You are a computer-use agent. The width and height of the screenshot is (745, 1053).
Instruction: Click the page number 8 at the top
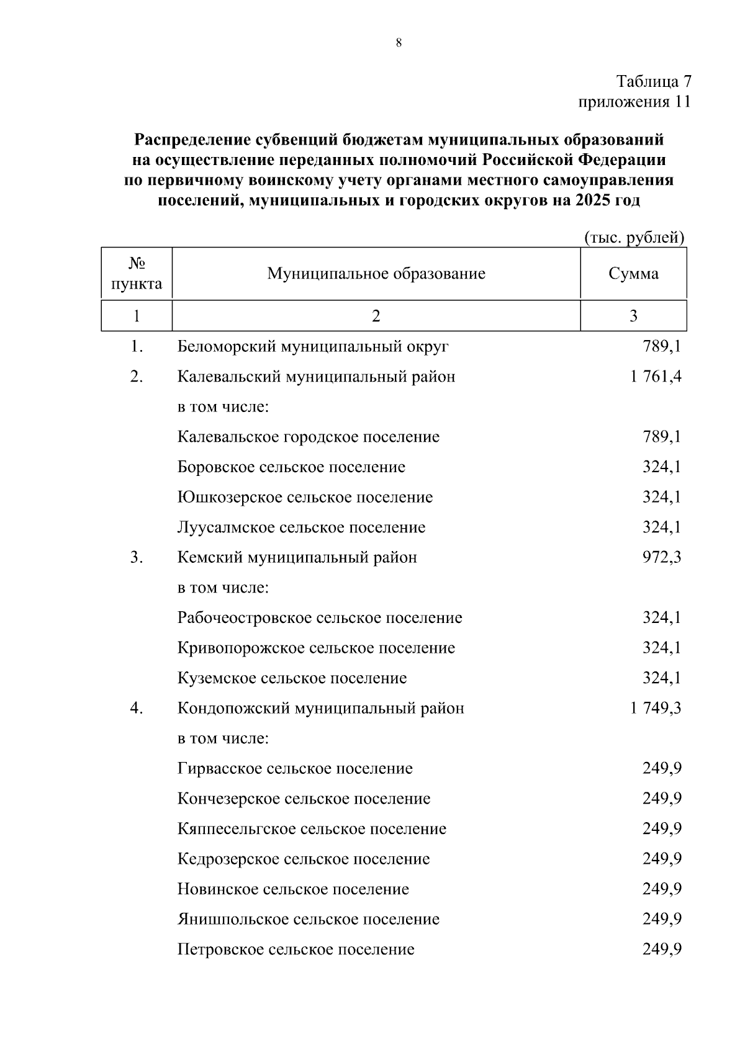pyautogui.click(x=399, y=43)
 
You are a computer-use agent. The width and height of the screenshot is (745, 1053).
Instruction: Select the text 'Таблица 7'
pyautogui.click(x=653, y=81)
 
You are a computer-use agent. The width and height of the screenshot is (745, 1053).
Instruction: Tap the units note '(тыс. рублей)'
pyautogui.click(x=634, y=237)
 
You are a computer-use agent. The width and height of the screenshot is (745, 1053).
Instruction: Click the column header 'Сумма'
pyautogui.click(x=633, y=274)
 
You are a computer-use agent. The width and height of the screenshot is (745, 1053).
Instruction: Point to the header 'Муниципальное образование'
pyautogui.click(x=376, y=274)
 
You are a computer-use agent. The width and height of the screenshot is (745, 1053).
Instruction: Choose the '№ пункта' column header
pyautogui.click(x=137, y=274)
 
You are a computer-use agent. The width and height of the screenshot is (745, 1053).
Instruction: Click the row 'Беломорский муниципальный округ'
pyautogui.click(x=312, y=346)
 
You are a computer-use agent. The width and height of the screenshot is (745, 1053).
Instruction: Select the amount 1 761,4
pyautogui.click(x=656, y=377)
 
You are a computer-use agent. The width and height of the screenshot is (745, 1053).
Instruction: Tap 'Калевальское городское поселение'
pyautogui.click(x=308, y=437)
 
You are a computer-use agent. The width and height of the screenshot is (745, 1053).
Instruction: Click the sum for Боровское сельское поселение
pyautogui.click(x=662, y=467)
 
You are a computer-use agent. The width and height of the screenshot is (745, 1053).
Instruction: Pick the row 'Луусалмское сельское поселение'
pyautogui.click(x=301, y=527)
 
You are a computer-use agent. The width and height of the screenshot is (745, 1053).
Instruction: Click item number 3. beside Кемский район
pyautogui.click(x=137, y=557)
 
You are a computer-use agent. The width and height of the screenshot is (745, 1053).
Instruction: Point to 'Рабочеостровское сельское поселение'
pyautogui.click(x=320, y=618)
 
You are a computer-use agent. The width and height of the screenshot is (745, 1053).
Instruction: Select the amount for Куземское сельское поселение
pyautogui.click(x=662, y=678)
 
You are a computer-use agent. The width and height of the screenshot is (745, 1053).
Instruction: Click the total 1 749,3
pyautogui.click(x=656, y=708)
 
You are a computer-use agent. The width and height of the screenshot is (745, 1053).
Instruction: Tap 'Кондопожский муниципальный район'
pyautogui.click(x=320, y=708)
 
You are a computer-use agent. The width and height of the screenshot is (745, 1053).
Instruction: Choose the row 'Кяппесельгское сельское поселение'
pyautogui.click(x=312, y=829)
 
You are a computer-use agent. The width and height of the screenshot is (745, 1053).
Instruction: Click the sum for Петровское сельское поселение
pyautogui.click(x=662, y=949)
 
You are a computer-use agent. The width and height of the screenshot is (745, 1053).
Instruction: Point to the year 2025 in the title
pyautogui.click(x=595, y=200)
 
